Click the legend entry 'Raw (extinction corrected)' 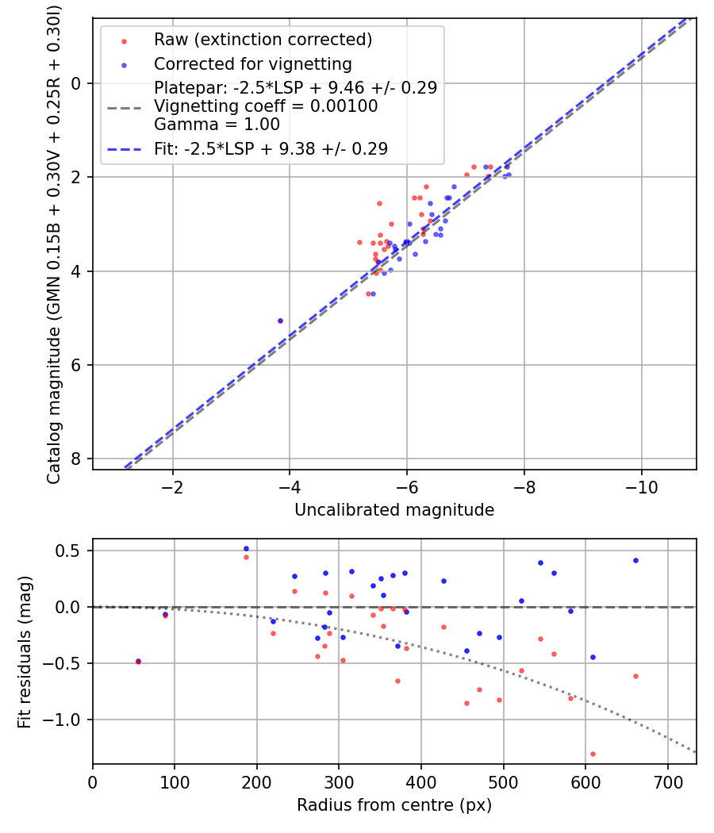click(x=263, y=40)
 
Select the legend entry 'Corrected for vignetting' click(x=252, y=63)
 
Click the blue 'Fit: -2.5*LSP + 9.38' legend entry click(x=271, y=148)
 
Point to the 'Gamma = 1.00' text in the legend click(x=217, y=125)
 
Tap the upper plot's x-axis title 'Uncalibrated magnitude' click(x=394, y=510)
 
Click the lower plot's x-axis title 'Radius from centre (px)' click(x=394, y=805)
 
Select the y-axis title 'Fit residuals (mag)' click(x=24, y=651)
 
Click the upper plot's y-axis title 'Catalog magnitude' click(x=54, y=242)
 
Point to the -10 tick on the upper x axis click(x=641, y=486)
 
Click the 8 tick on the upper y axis click(x=77, y=459)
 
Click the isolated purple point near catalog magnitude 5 click(x=280, y=321)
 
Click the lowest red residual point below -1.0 click(x=593, y=754)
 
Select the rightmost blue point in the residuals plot click(x=635, y=560)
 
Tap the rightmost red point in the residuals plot click(x=635, y=676)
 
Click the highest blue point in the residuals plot click(x=246, y=548)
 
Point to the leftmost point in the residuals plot click(x=138, y=661)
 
